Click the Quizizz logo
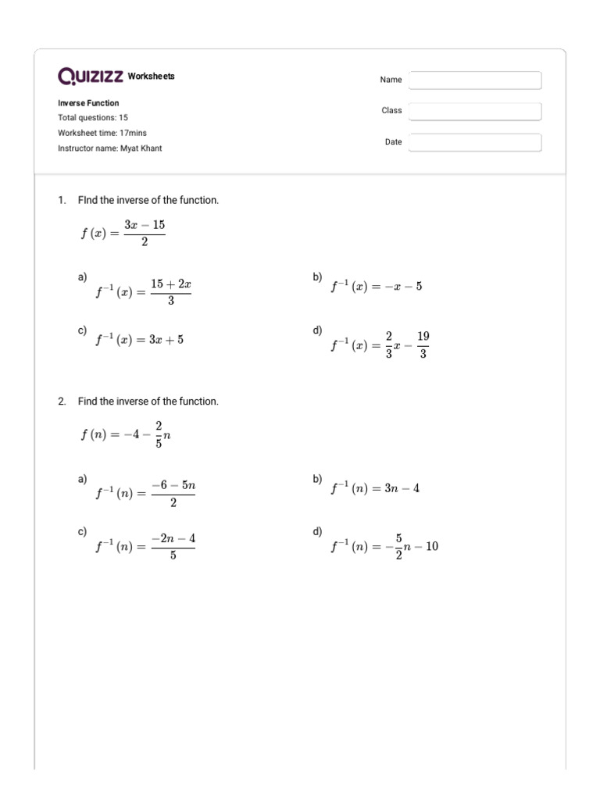(x=91, y=77)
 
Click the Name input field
(x=475, y=80)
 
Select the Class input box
(x=475, y=112)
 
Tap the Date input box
(x=475, y=143)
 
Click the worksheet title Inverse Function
(x=88, y=103)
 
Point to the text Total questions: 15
(x=93, y=118)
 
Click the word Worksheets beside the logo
(x=151, y=77)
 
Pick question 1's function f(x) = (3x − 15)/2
(x=123, y=233)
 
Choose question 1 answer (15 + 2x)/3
(x=143, y=292)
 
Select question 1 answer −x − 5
(x=376, y=287)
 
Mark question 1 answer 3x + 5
(x=140, y=340)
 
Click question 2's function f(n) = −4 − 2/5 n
(x=125, y=434)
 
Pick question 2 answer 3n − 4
(x=375, y=488)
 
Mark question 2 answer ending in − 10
(x=384, y=547)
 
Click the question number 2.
(x=62, y=402)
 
